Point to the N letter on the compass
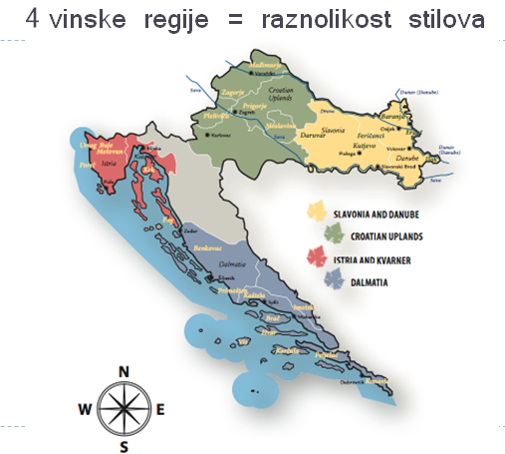coord(124,371)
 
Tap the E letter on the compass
coord(161,408)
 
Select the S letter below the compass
coord(124,446)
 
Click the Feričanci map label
coord(369,135)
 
